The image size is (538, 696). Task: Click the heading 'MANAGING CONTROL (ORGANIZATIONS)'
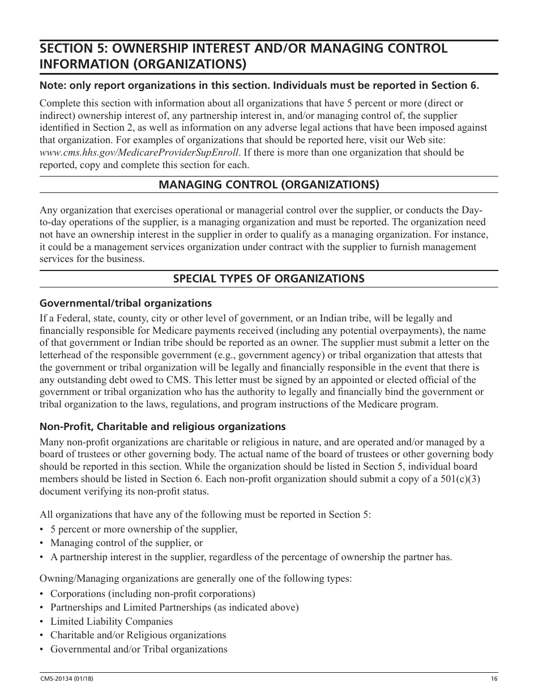click(x=268, y=184)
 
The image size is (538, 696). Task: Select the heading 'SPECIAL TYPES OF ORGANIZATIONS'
click(x=268, y=278)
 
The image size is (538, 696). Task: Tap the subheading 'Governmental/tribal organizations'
click(x=125, y=303)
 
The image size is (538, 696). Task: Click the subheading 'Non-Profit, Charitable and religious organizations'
click(x=163, y=426)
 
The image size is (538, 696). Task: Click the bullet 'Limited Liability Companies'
click(x=112, y=621)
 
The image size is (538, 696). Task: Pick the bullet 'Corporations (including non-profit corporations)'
click(x=152, y=594)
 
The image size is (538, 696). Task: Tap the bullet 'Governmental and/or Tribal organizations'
click(x=139, y=649)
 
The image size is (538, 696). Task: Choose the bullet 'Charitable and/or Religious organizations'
click(x=138, y=635)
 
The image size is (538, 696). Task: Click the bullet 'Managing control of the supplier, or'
click(x=126, y=543)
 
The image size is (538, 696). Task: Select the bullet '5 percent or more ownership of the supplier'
click(x=143, y=529)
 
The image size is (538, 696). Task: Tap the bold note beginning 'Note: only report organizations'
click(x=259, y=86)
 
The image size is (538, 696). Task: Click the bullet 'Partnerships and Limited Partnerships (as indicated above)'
click(x=174, y=607)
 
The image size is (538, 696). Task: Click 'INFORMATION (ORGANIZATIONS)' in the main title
click(x=143, y=64)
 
